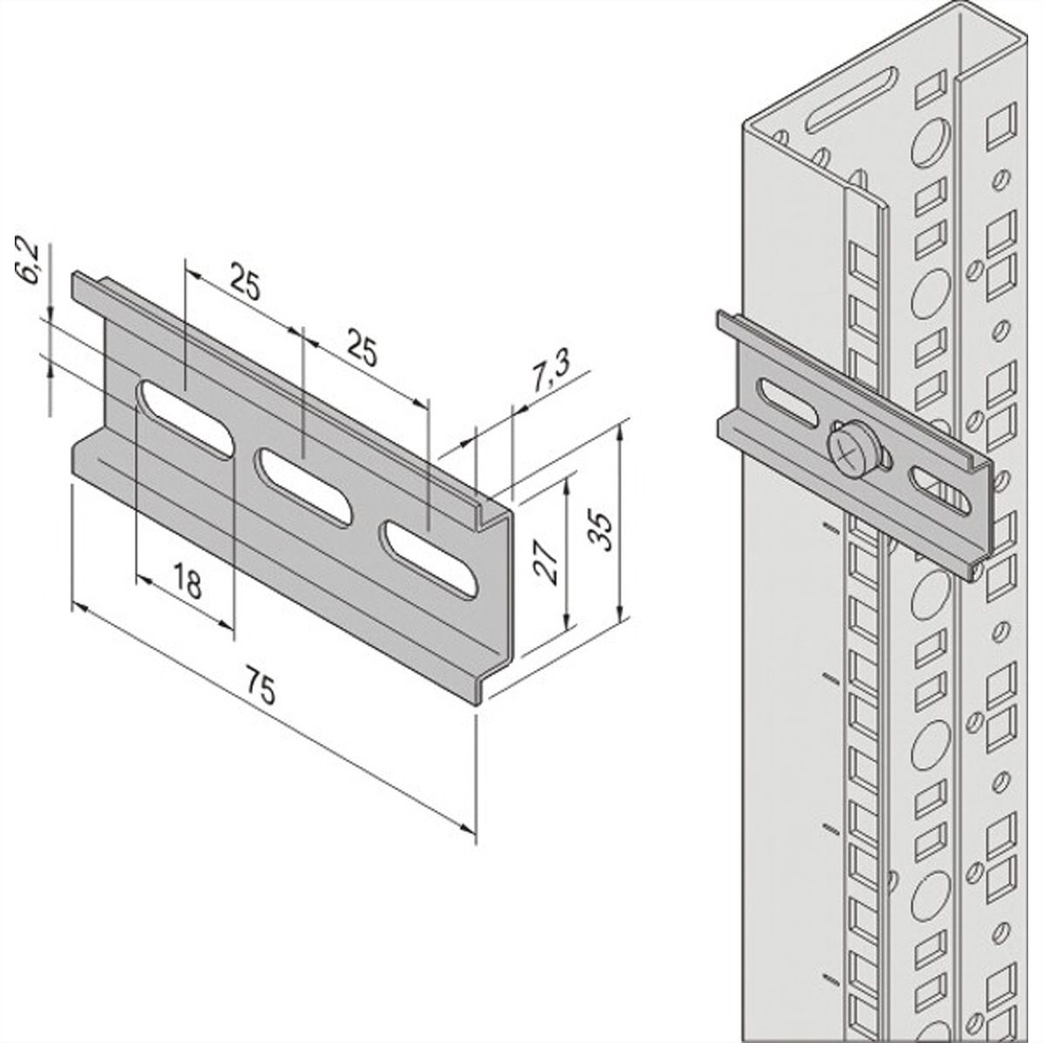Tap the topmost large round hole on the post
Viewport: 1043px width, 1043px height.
(931, 139)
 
